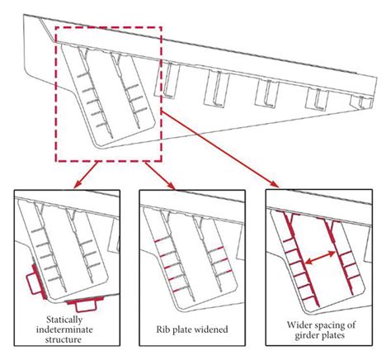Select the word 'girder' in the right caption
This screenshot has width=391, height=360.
pyautogui.click(x=304, y=335)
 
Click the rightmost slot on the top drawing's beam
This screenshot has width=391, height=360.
pyautogui.click(x=364, y=101)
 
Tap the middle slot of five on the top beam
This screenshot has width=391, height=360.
pyautogui.click(x=269, y=90)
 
